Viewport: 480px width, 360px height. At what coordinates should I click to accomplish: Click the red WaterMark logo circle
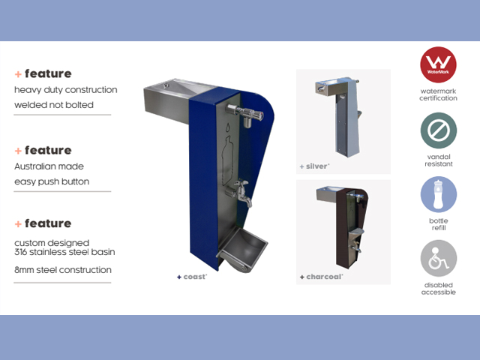438,64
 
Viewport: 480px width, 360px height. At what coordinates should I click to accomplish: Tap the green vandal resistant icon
438,130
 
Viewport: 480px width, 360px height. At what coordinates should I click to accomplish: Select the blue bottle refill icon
438,194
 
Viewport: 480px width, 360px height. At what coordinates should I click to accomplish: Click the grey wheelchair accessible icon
438,258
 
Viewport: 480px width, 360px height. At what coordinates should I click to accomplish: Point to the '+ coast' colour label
192,277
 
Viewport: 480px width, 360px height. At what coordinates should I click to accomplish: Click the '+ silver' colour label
314,166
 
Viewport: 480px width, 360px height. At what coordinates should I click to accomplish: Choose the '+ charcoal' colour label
321,277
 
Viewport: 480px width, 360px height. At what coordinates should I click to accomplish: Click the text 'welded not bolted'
54,105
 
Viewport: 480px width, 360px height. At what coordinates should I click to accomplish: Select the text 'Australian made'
49,166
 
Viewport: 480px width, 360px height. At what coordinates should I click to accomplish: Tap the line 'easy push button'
52,181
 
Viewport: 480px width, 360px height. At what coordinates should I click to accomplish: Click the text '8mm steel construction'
63,270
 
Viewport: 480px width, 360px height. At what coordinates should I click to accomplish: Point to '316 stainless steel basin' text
64,252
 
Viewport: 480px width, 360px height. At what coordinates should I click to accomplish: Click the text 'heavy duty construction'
65,90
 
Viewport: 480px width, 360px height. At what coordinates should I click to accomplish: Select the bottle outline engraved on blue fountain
227,155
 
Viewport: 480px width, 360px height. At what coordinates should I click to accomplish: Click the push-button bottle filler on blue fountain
246,115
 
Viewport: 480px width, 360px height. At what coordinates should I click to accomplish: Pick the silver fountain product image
338,117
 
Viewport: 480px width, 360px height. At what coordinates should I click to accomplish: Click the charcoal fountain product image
342,228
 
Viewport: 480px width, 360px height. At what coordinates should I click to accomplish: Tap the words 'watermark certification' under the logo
438,94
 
